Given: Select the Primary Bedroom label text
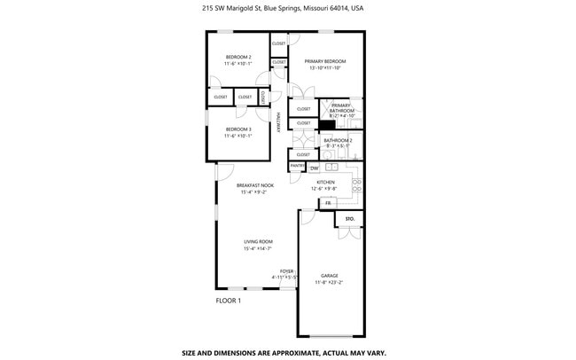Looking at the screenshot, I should coord(325,61).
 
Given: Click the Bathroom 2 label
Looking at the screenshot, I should coord(338,140).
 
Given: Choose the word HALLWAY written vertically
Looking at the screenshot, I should coord(277,123).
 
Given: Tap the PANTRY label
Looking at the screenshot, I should coord(298,166).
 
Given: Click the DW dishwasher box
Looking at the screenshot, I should coord(314,168).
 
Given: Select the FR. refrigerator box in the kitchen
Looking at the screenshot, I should coord(328,203).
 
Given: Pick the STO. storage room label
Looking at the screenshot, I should coord(349,218).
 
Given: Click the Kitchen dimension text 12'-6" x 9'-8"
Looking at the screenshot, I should coord(325,188).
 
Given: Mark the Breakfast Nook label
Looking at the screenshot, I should coord(255,185).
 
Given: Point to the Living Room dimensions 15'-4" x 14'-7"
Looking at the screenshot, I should coord(258,248).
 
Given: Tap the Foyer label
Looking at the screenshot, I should coord(287,271).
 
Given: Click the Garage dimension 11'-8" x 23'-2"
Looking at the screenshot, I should coord(330,282).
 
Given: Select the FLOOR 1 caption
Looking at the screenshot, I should coord(229,301).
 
